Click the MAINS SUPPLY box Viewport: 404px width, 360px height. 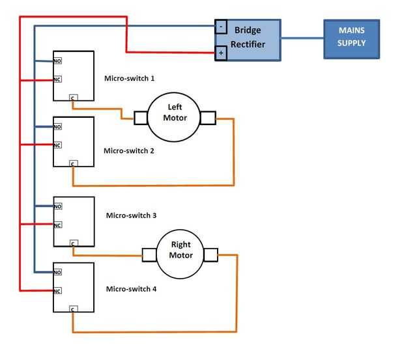[x=351, y=38]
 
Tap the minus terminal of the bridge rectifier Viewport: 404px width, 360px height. [x=222, y=27]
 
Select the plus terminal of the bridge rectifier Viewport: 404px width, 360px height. [x=222, y=53]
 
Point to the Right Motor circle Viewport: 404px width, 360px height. [x=180, y=255]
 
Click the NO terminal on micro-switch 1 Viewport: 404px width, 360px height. [x=57, y=62]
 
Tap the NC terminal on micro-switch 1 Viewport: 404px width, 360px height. [x=57, y=80]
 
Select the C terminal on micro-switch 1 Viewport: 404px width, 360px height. [x=73, y=98]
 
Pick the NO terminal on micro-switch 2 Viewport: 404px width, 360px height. [x=57, y=127]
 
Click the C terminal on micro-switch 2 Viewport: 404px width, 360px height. [x=73, y=163]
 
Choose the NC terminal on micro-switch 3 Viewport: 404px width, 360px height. [x=57, y=225]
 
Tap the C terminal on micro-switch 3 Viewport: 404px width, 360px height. [x=73, y=243]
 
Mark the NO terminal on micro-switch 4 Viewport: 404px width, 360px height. [x=57, y=272]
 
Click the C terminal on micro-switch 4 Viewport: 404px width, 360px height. [x=73, y=309]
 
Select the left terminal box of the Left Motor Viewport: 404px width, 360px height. [x=141, y=118]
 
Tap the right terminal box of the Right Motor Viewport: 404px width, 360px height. [x=211, y=255]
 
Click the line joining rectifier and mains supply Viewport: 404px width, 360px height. [x=302, y=38]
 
